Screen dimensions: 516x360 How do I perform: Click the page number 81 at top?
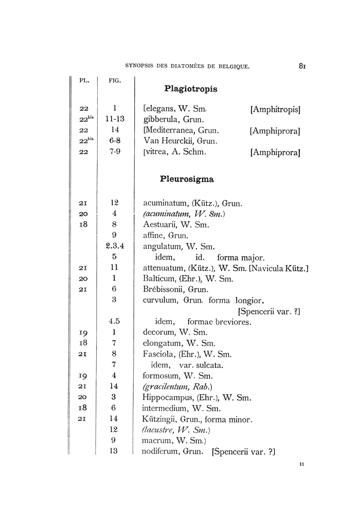(302, 66)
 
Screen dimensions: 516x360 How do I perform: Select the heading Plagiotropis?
(190, 89)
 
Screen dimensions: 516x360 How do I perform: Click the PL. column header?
(84, 80)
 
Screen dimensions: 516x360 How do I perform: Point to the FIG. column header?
(115, 80)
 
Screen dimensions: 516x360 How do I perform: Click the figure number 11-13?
(115, 119)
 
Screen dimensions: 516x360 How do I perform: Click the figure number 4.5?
(115, 322)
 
